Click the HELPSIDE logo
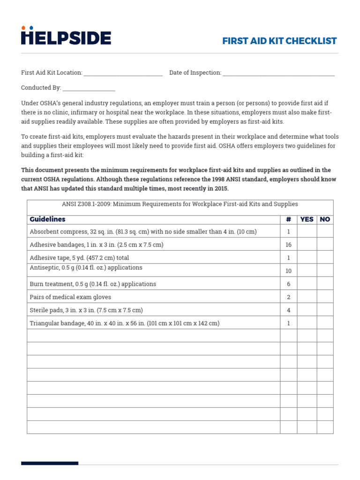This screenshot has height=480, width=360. coord(66,37)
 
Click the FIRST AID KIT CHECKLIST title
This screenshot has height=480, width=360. coord(279,41)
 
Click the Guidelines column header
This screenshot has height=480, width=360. coord(47,219)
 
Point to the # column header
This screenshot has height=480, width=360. coord(288,219)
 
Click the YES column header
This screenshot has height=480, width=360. coord(307,219)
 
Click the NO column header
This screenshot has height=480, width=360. coord(325,219)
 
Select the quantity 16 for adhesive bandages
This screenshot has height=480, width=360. coord(288,245)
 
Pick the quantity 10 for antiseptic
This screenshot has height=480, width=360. coord(288,271)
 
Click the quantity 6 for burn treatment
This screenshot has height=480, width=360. coord(288,284)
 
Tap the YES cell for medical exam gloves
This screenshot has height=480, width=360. coord(307,297)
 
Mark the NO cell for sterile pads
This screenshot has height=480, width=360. coord(325,310)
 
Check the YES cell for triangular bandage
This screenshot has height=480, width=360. coord(307,323)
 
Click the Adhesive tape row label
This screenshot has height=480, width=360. coord(79,258)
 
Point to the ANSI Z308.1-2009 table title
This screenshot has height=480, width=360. coord(180,204)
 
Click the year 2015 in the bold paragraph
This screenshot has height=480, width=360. coord(220,189)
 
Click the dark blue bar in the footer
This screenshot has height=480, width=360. coord(50,463)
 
